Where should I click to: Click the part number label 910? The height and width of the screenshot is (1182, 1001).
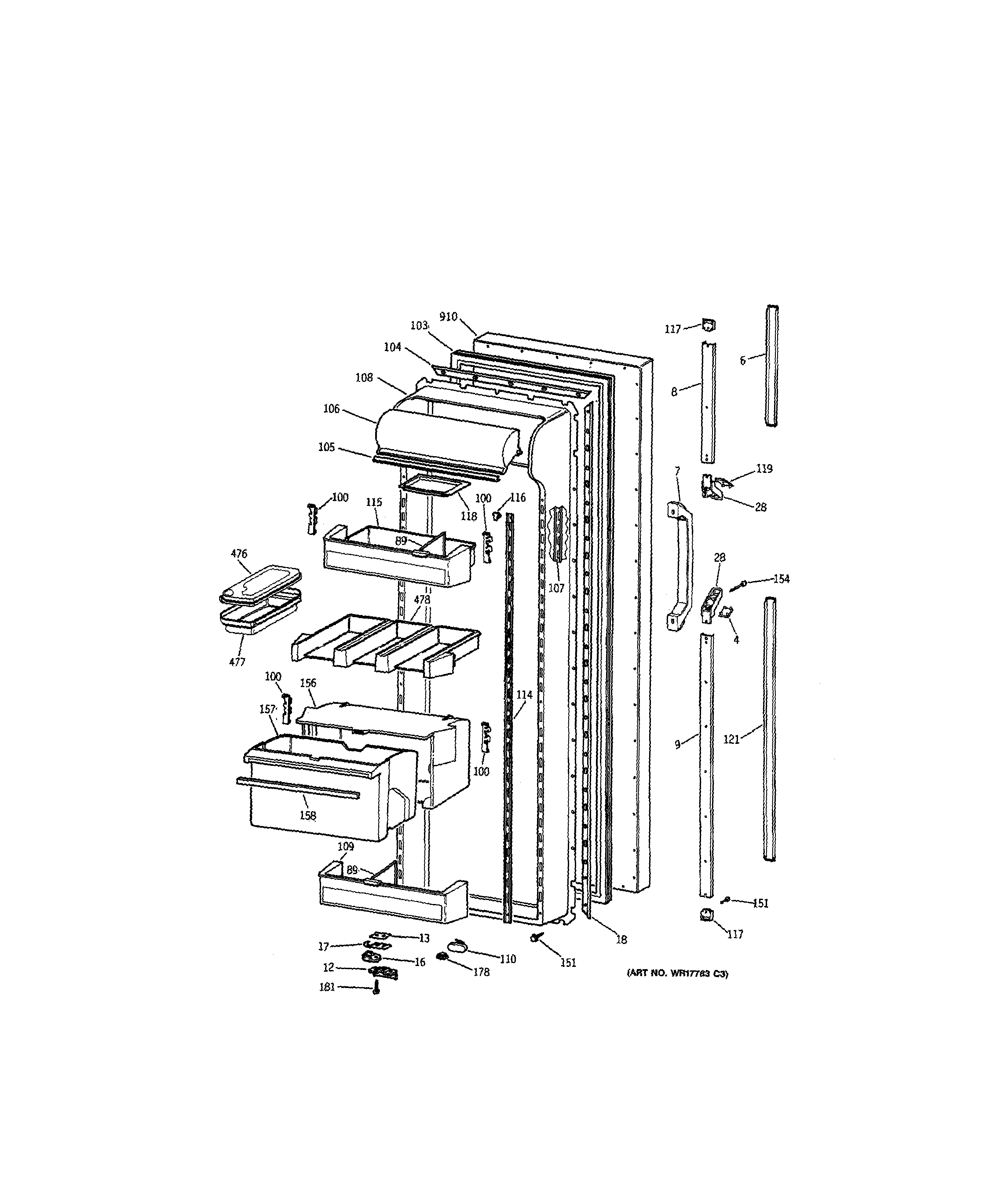(x=448, y=317)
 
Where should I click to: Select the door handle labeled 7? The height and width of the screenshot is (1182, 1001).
(x=681, y=567)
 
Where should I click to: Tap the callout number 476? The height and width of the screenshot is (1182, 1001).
(x=239, y=554)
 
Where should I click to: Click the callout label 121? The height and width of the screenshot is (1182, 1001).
(x=731, y=739)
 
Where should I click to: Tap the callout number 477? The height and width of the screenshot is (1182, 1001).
(x=237, y=662)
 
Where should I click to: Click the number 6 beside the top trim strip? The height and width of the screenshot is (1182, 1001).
(x=743, y=360)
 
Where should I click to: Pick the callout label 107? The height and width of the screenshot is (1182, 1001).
(x=556, y=589)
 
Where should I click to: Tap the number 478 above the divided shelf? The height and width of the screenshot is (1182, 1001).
(x=422, y=600)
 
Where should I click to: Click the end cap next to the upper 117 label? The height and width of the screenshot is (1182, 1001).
(x=708, y=325)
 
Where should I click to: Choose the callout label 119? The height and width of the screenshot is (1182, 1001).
(x=764, y=469)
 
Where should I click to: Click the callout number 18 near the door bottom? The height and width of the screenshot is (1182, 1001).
(x=621, y=940)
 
